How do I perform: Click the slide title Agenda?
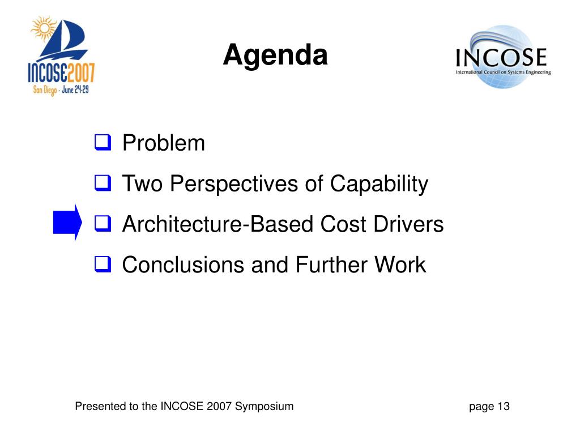(275, 56)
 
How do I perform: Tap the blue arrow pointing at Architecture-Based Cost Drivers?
(67, 222)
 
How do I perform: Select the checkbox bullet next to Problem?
(103, 143)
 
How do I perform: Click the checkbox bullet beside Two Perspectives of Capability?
(103, 183)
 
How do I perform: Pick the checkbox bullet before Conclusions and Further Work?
(103, 265)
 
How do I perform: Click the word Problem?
(164, 143)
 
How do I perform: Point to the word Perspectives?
(234, 184)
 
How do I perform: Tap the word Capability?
(379, 184)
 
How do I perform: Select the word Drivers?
(409, 224)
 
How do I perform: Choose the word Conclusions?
(183, 265)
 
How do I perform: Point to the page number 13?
(504, 406)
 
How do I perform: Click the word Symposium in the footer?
(264, 407)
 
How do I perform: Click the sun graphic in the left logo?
(44, 28)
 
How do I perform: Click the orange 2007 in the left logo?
(82, 72)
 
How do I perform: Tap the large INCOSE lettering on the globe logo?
(501, 57)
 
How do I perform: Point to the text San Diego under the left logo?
(45, 90)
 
